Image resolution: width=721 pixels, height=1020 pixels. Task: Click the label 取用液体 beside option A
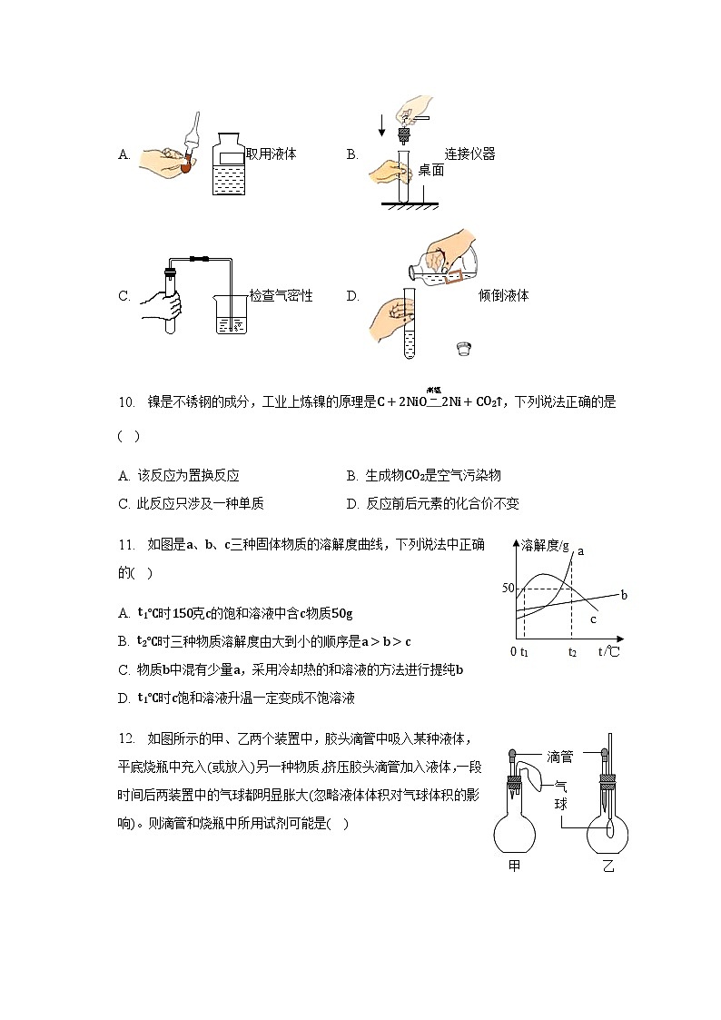271,154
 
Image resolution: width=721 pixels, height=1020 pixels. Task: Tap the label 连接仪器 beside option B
469,153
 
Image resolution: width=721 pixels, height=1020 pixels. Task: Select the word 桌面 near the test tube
430,170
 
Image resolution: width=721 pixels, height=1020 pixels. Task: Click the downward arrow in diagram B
381,125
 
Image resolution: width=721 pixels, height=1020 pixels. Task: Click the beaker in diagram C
232,313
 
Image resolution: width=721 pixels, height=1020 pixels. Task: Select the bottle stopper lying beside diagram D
463,349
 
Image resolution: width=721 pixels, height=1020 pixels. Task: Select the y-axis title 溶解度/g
544,545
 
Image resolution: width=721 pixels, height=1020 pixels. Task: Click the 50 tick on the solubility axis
508,589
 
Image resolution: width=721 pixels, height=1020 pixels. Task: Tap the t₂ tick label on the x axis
572,652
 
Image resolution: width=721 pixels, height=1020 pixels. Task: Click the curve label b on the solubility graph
624,595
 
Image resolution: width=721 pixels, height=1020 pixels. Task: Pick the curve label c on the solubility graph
592,619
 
